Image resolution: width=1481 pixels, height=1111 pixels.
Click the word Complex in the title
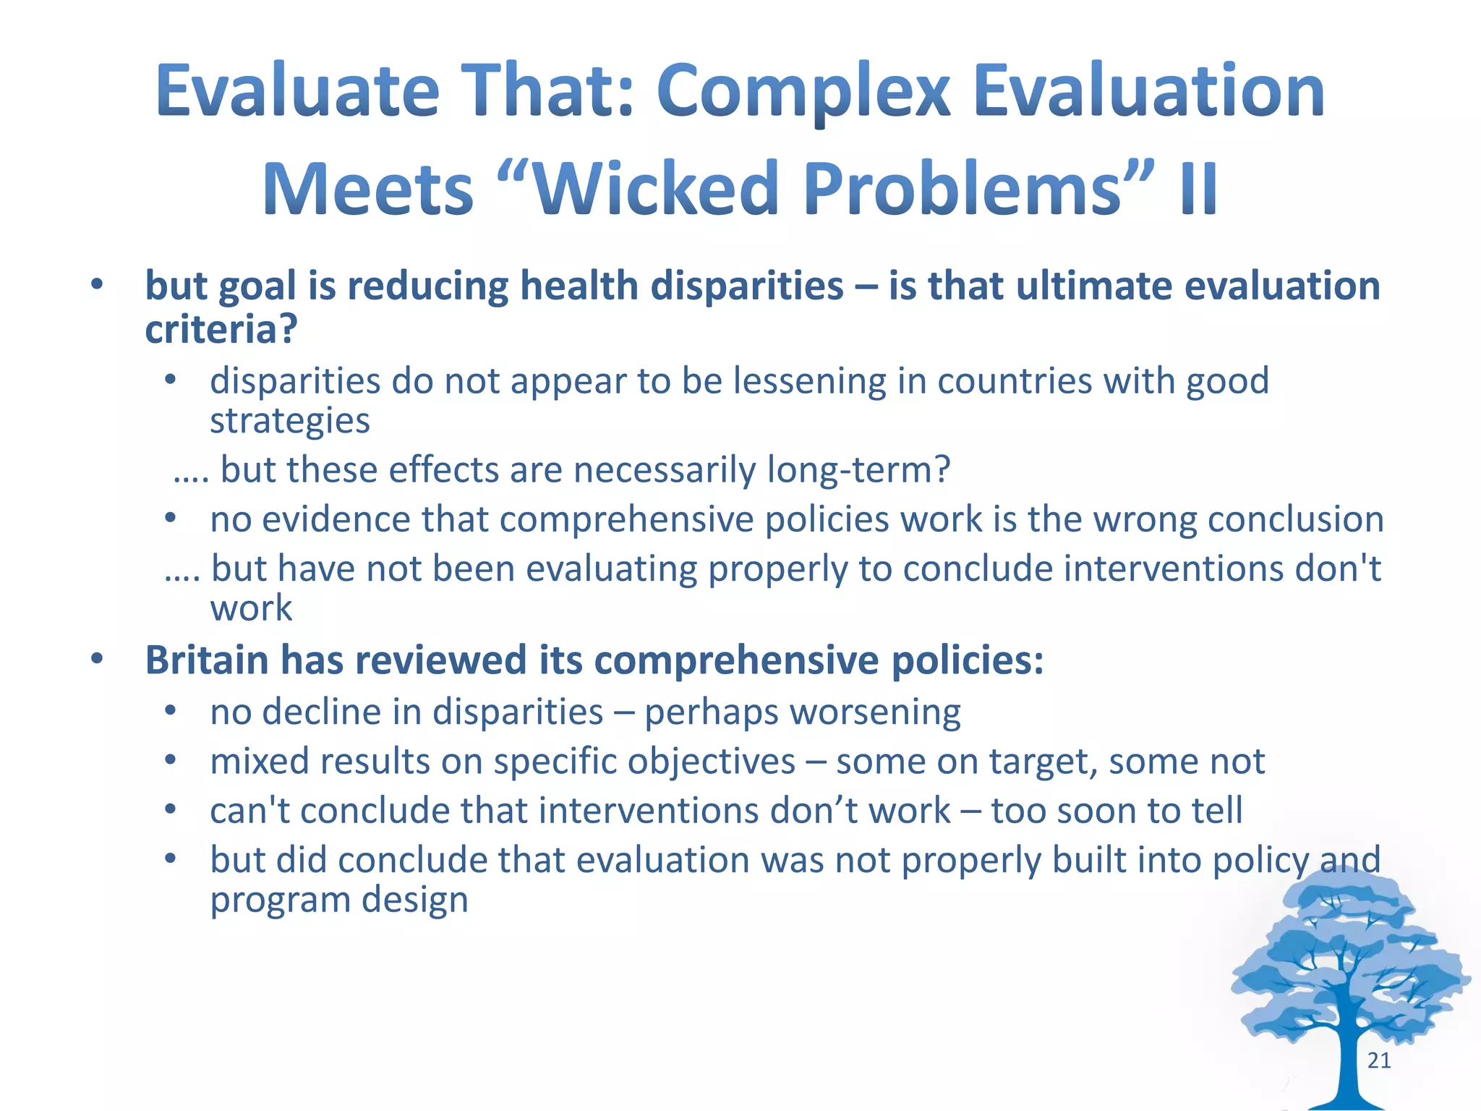[803, 92]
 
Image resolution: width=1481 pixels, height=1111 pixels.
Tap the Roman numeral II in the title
[1198, 190]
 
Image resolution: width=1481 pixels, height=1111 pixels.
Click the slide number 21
[1378, 1060]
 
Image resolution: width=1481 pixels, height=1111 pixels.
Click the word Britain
[207, 660]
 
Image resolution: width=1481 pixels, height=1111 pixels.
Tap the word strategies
[290, 420]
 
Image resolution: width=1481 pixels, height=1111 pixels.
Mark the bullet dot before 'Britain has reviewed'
[97, 659]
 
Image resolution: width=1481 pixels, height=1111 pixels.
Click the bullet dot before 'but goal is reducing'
[97, 285]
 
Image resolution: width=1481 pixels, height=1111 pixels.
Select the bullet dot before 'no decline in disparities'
[170, 711]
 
